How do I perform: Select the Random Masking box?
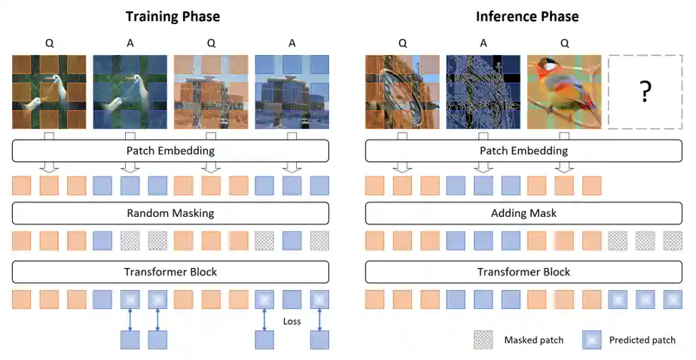point(171,213)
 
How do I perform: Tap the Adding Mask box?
point(524,213)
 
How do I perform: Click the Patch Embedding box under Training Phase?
point(171,151)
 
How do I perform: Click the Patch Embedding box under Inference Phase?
point(524,151)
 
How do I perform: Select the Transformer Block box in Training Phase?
point(171,272)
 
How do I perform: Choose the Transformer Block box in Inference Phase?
point(524,272)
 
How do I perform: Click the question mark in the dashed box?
point(645,92)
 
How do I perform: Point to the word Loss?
point(292,321)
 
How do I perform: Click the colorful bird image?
point(564,92)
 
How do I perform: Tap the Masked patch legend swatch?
point(483,340)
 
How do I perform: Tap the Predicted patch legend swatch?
point(592,340)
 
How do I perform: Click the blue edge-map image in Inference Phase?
point(483,92)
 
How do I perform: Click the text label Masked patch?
point(534,340)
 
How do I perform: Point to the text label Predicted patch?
point(643,340)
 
